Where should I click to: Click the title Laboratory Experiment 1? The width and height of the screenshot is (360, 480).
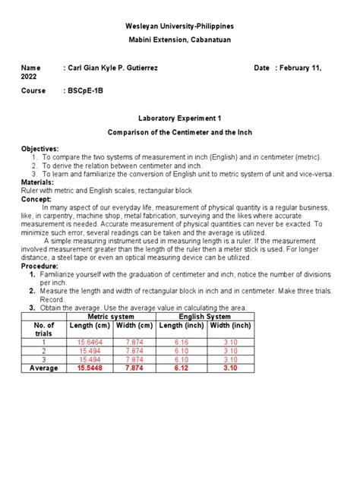[180, 119]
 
